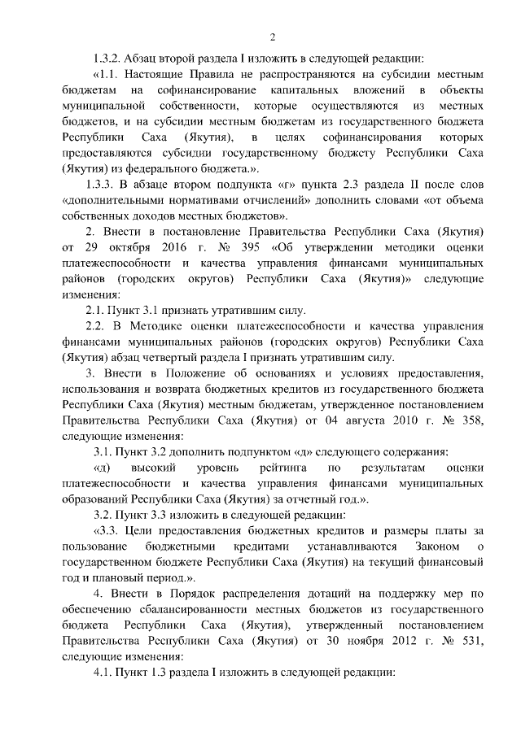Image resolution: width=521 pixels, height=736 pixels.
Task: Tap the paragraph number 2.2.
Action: pyautogui.click(x=99, y=325)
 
